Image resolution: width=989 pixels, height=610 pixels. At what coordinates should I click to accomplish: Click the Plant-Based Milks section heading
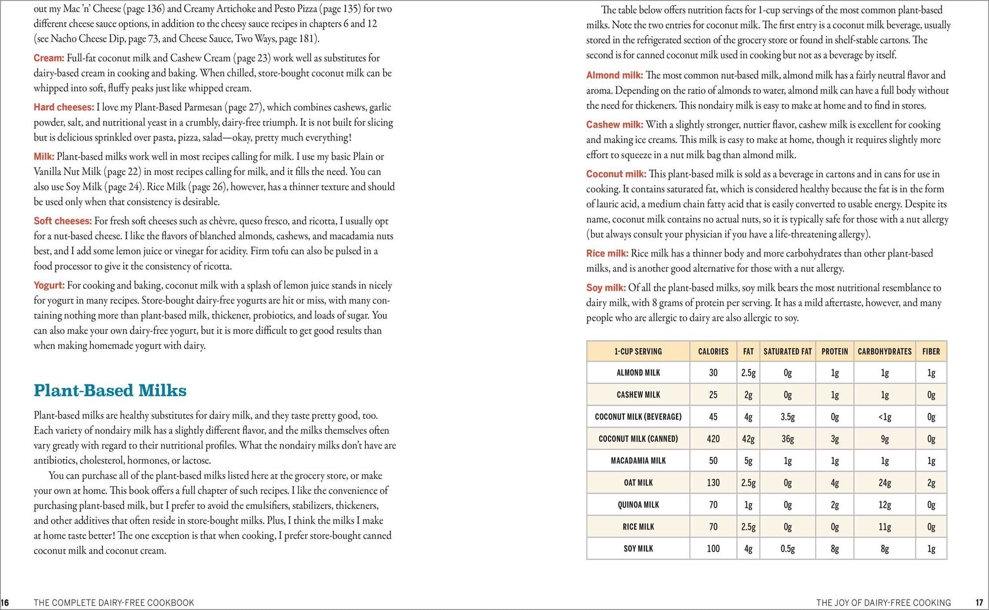pos(110,390)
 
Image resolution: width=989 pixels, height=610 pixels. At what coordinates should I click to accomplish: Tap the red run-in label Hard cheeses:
pos(64,107)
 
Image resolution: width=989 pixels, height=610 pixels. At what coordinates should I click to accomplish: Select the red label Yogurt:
pos(49,285)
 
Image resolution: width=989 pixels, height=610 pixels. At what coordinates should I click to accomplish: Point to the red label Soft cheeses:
pos(63,221)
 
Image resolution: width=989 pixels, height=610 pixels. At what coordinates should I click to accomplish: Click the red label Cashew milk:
pos(615,125)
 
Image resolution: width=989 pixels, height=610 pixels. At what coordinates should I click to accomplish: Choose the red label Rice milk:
pos(607,253)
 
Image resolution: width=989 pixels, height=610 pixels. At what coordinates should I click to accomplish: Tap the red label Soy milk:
pos(606,288)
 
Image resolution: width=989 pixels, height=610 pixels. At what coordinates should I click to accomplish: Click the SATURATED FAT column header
pos(787,351)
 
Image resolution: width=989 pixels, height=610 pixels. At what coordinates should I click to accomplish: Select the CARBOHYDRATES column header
pos(884,351)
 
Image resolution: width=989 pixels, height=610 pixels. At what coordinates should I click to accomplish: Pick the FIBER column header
pos(931,351)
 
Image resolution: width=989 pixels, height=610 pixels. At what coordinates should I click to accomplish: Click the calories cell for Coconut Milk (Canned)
pos(713,439)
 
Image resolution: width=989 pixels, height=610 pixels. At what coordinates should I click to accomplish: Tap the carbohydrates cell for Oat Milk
pos(884,483)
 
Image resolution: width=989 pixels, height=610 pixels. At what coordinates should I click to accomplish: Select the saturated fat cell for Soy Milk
pos(787,549)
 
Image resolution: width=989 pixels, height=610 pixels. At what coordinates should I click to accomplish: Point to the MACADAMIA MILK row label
pos(638,461)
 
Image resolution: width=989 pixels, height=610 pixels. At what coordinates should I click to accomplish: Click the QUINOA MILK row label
pos(638,505)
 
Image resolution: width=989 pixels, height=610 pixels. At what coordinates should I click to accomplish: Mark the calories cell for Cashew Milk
pos(713,395)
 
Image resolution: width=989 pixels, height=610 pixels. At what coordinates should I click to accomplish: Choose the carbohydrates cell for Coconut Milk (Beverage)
pos(884,417)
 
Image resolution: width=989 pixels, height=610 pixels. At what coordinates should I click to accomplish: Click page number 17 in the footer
pos(979,603)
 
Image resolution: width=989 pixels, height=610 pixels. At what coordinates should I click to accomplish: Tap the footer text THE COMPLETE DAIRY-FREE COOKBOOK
pos(114,603)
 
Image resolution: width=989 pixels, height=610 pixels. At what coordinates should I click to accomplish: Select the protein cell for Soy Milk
pos(835,549)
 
